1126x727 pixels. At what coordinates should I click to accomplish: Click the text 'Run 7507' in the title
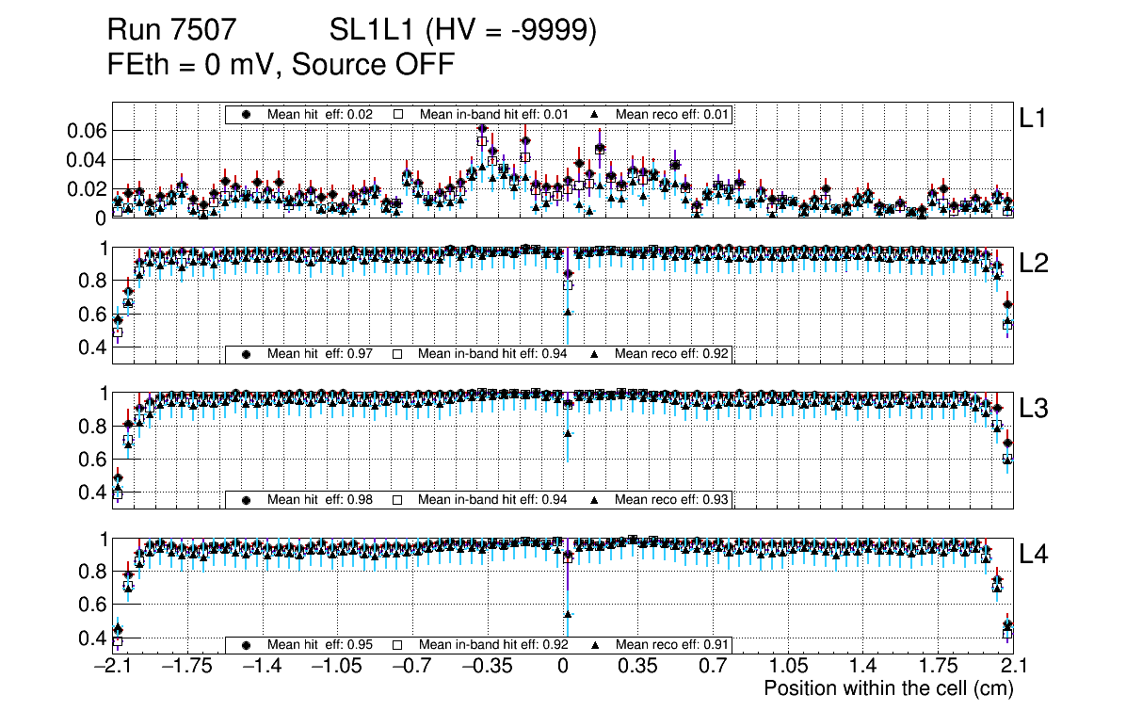pos(170,31)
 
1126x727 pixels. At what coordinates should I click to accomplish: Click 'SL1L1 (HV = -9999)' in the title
pos(463,31)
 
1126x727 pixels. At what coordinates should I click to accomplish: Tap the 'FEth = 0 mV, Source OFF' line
pos(281,64)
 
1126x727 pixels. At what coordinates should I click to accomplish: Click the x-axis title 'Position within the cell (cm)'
pos(888,688)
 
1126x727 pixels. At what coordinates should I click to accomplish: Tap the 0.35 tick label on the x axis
pos(637,667)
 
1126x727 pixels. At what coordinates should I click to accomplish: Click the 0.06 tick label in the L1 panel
pos(88,131)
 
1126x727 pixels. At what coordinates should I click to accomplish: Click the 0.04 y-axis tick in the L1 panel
pos(88,160)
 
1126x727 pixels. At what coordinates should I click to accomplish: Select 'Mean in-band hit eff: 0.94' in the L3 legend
pos(491,499)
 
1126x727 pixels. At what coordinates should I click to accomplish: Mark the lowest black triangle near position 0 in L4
pos(568,615)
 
